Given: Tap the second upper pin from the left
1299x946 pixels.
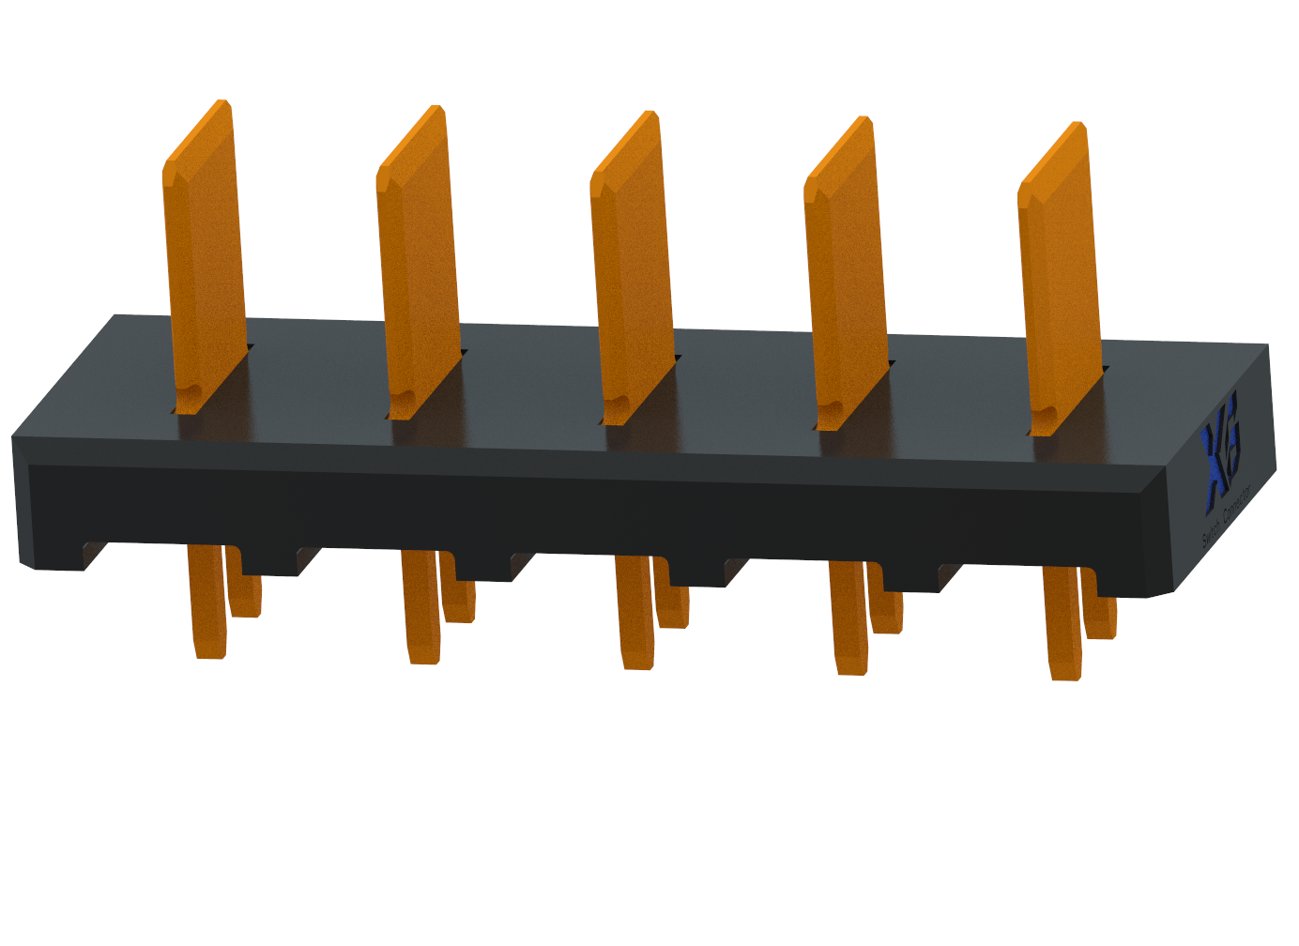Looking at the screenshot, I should point(419,272).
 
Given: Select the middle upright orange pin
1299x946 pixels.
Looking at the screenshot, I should point(632,277).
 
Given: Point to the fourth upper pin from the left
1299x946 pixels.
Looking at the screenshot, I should point(846,282).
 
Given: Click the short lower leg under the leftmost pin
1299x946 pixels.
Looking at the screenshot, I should point(245,591).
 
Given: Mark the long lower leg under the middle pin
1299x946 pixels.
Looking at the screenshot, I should point(634,614).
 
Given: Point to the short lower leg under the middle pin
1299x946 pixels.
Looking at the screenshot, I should point(673,604).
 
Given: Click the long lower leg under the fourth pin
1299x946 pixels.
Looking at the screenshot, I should point(848,619).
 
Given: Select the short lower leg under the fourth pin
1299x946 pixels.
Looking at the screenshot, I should point(887,610).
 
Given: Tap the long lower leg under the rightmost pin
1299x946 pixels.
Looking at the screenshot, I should point(1062,625).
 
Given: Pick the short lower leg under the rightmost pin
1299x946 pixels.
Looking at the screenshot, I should point(1100,616).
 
